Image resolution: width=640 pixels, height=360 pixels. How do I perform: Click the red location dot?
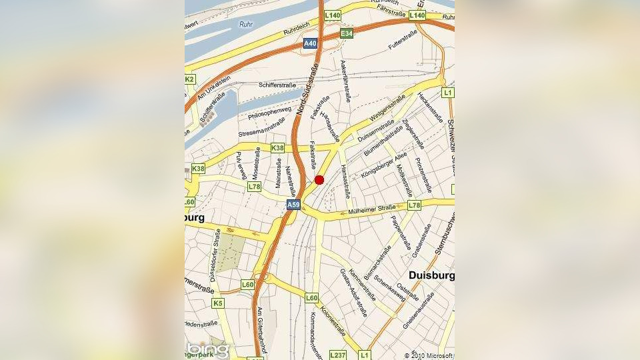click(319, 179)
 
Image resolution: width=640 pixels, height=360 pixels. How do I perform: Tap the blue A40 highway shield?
click(310, 44)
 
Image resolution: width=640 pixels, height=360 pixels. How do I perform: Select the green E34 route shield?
click(346, 33)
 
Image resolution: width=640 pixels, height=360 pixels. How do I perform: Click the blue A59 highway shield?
click(293, 205)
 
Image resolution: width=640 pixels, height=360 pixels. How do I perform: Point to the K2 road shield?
click(189, 79)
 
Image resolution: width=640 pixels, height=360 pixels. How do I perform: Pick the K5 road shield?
click(218, 303)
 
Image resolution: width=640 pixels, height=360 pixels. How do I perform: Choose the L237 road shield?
click(338, 355)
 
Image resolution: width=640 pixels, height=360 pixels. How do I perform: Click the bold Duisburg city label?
click(431, 275)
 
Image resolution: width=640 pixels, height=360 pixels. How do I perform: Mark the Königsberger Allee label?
click(383, 166)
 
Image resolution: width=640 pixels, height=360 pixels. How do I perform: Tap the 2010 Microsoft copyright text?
click(429, 355)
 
